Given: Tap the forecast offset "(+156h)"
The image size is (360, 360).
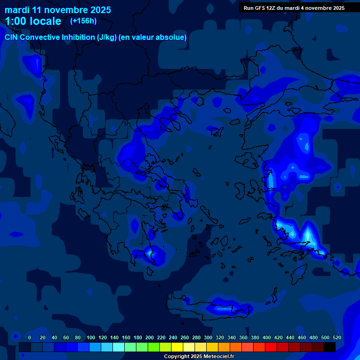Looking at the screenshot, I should pyautogui.click(x=83, y=21).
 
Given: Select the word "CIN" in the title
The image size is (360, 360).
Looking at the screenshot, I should pyautogui.click(x=12, y=37).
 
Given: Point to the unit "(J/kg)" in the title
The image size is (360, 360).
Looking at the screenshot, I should pyautogui.click(x=107, y=37).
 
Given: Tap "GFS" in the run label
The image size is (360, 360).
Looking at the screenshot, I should pyautogui.click(x=261, y=8).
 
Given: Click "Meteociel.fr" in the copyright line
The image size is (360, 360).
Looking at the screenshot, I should pyautogui.click(x=216, y=357).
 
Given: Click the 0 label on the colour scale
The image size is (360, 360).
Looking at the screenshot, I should pyautogui.click(x=30, y=337).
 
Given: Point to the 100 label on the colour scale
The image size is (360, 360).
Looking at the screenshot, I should pyautogui.click(x=90, y=337).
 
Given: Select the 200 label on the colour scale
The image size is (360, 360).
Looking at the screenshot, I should pyautogui.click(x=150, y=337).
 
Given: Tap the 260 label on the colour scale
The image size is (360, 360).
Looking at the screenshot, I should pyautogui.click(x=185, y=337).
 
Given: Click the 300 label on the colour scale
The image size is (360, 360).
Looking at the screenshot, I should pyautogui.click(x=208, y=337).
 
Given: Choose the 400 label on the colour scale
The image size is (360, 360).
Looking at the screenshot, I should pyautogui.click(x=267, y=337).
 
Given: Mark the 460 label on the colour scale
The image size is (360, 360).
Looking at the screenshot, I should pyautogui.click(x=302, y=337).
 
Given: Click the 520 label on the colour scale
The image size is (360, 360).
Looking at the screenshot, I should pyautogui.click(x=337, y=337).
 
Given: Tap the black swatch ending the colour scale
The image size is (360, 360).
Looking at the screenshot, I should pyautogui.click(x=330, y=347).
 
